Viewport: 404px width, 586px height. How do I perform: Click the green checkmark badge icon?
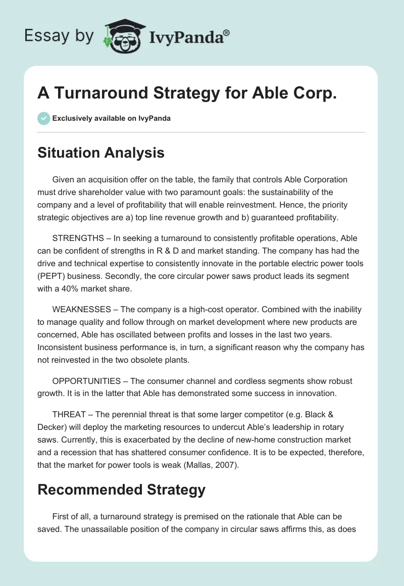(x=43, y=118)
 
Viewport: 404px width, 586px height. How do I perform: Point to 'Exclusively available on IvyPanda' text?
(x=112, y=118)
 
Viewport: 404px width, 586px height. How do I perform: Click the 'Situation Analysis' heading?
(x=101, y=152)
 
